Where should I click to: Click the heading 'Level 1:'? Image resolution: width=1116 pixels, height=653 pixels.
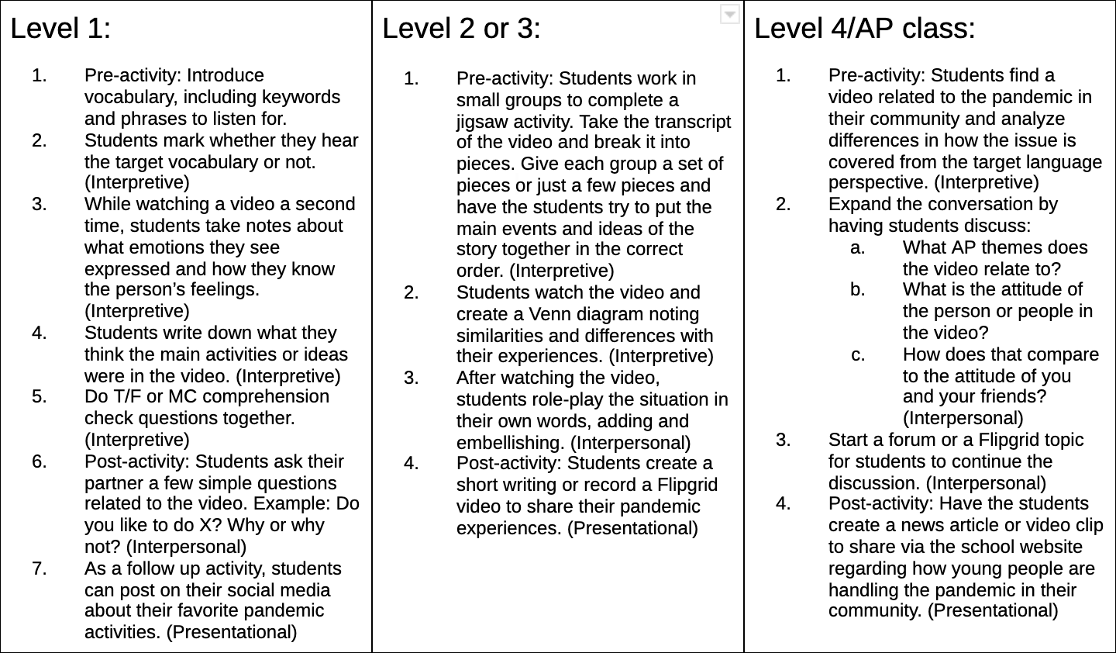pyautogui.click(x=60, y=29)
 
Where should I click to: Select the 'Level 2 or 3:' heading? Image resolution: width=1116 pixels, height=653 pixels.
pyautogui.click(x=461, y=29)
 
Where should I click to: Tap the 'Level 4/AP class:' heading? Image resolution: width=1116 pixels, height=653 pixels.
pyautogui.click(x=864, y=29)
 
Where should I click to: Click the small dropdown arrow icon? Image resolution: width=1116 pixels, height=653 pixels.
pyautogui.click(x=729, y=14)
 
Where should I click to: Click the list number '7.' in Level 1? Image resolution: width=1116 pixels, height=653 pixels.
pyautogui.click(x=40, y=568)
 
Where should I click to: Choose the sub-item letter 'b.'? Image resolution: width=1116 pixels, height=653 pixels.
pyautogui.click(x=857, y=289)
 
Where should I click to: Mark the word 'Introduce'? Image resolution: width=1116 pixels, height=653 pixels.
pyautogui.click(x=225, y=75)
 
